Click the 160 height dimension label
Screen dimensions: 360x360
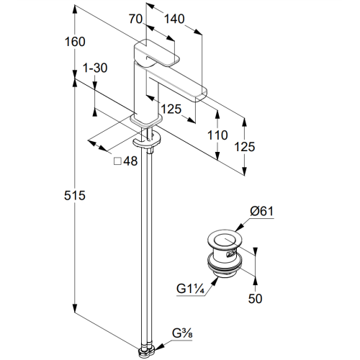pos(75,42)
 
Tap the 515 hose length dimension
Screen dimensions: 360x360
pos(75,195)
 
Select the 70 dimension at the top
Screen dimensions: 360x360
pos(135,19)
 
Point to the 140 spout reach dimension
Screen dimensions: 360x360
pos(174,19)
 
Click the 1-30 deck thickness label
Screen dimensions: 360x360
pos(95,68)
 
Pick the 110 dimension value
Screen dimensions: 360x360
pos(217,135)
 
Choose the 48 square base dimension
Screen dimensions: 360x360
pos(130,161)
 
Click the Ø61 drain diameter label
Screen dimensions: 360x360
pos(261,211)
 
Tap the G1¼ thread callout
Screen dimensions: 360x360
pos(190,289)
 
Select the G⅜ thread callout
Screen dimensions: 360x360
pos(182,333)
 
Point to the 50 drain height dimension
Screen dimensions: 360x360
pos(255,299)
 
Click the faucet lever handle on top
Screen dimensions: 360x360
pos(156,54)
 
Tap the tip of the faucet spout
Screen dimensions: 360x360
pos(201,94)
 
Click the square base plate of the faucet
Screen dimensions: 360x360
pos(146,120)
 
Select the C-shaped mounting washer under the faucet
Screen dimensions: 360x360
pos(146,141)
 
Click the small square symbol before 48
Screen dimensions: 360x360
pos(117,161)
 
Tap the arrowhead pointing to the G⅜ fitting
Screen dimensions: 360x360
pos(160,346)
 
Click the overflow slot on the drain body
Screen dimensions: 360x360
pos(231,253)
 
